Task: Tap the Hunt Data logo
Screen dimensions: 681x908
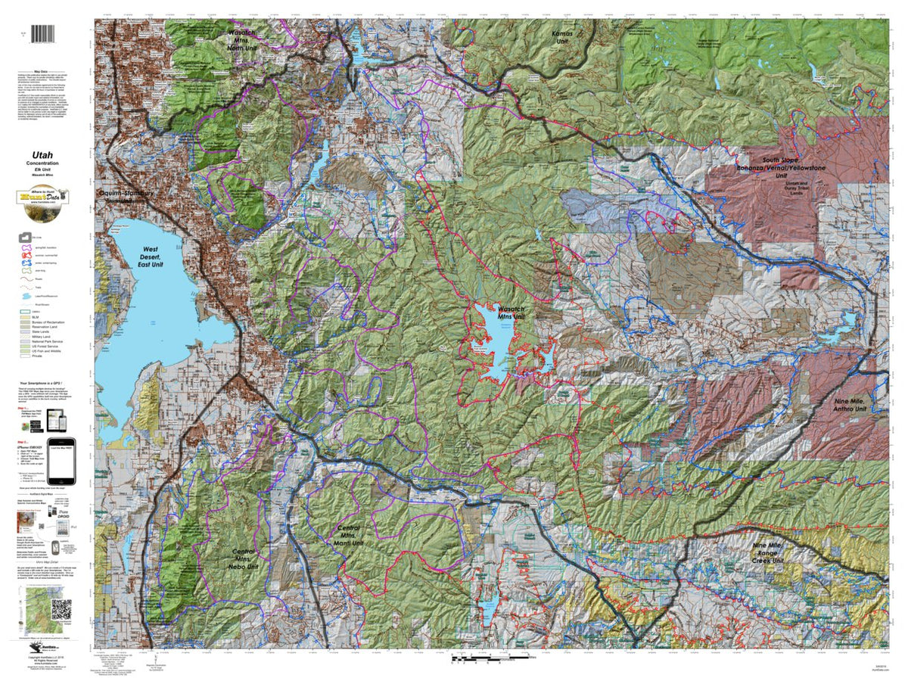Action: click(x=42, y=197)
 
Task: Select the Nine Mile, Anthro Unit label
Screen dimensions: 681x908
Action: click(x=849, y=403)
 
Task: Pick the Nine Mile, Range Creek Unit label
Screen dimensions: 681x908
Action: click(x=778, y=554)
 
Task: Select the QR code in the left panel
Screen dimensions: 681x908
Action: click(x=61, y=608)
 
